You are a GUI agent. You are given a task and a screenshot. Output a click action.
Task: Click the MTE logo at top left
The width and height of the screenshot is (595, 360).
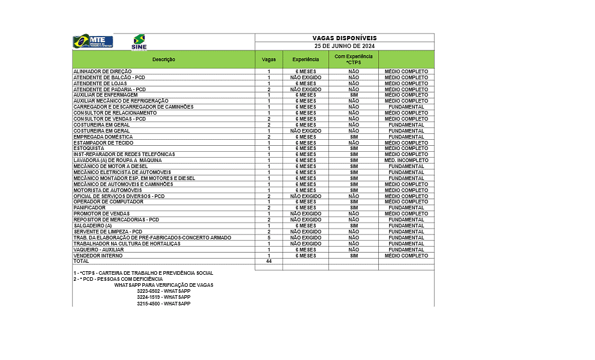click(92, 41)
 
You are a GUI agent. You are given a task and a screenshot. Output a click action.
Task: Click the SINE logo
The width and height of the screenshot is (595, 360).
click(139, 42)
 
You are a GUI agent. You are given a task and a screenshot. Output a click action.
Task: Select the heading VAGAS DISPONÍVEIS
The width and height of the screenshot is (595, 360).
click(345, 38)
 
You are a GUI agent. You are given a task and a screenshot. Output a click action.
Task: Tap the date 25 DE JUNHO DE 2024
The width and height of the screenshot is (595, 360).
click(345, 46)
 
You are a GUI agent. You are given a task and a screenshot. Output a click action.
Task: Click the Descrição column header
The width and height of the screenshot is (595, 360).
click(163, 59)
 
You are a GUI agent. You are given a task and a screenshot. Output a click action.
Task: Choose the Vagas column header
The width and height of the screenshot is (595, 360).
click(269, 59)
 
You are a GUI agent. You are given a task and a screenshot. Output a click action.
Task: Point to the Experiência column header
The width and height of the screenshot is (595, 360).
click(306, 59)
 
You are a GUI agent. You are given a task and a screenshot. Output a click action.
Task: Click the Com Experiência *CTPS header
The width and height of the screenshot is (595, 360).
click(354, 59)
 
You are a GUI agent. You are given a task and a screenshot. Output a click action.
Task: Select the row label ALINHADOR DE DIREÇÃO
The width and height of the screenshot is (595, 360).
click(98, 71)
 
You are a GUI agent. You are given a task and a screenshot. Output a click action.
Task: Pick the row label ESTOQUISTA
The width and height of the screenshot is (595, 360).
click(89, 148)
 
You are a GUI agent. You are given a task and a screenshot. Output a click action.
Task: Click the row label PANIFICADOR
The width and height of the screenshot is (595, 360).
click(89, 208)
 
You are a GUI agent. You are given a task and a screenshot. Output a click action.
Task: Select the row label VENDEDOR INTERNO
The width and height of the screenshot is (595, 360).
click(98, 256)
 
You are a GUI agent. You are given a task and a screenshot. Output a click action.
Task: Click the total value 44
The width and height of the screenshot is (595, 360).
click(269, 261)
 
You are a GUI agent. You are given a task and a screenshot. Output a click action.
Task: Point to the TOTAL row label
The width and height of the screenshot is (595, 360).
click(81, 261)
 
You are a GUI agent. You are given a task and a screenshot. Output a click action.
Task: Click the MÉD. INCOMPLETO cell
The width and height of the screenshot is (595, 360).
click(406, 160)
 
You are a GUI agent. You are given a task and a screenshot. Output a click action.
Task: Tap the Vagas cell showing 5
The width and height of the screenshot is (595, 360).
click(269, 238)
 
